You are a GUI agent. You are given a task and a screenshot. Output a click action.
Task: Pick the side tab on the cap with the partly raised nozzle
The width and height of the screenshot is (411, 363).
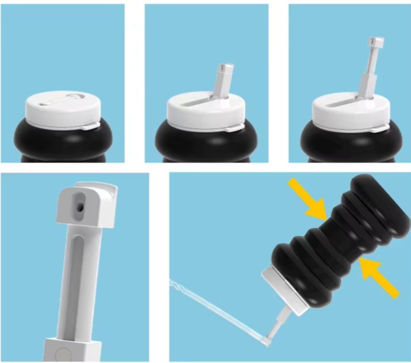pyautogui.click(x=234, y=127)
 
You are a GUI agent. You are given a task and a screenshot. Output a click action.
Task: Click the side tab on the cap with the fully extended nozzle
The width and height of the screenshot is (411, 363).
pyautogui.click(x=379, y=128)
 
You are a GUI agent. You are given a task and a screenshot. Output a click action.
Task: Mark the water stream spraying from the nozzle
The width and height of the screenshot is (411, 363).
pyautogui.click(x=212, y=310)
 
